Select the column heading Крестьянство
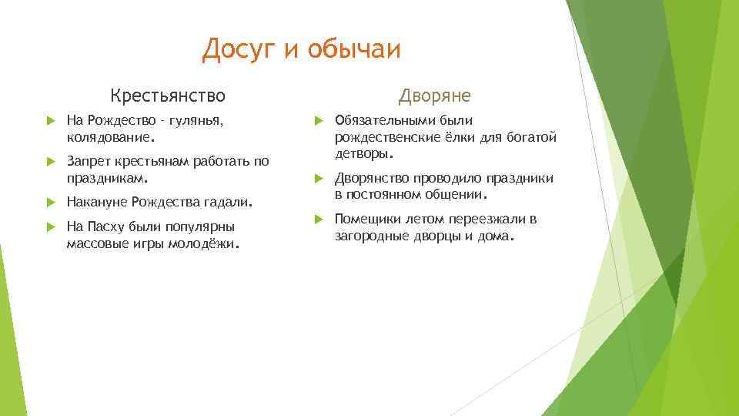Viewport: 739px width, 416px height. coord(168,96)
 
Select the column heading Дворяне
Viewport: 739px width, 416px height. coord(434,96)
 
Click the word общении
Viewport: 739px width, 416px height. coord(459,194)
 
